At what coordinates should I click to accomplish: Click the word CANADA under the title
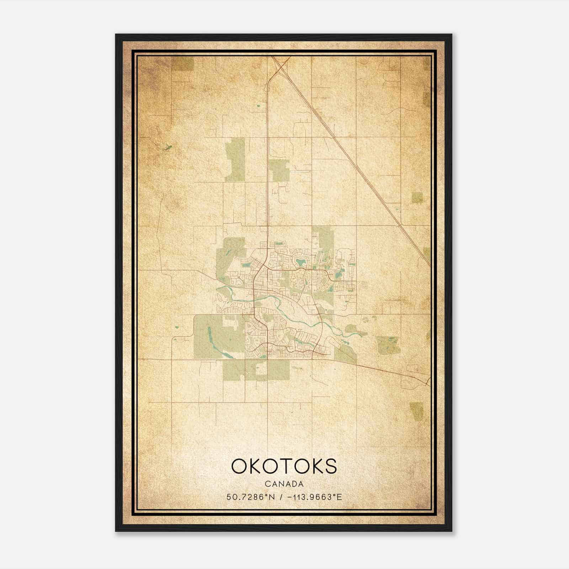[284, 484]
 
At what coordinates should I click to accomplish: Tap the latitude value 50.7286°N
[250, 497]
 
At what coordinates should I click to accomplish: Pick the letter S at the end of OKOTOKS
[330, 466]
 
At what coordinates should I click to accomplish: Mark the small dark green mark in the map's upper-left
[168, 147]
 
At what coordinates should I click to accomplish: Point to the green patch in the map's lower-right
[416, 411]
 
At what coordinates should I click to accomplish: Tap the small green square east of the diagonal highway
[417, 198]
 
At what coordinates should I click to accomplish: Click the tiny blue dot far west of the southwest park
[176, 326]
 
